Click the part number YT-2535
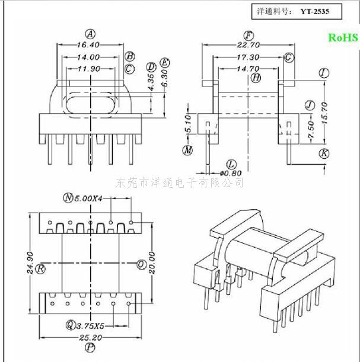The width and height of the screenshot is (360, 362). tap(315, 11)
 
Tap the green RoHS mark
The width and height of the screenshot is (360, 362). tap(343, 38)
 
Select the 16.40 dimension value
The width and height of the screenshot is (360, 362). tap(88, 45)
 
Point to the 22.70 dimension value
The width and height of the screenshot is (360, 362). tap(249, 45)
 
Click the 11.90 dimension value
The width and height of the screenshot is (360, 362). tap(89, 69)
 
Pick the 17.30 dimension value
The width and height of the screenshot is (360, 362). tap(248, 57)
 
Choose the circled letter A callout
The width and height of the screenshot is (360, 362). tap(90, 34)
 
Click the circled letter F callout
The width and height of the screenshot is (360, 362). tap(249, 36)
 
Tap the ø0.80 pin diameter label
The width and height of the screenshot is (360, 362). tap(231, 173)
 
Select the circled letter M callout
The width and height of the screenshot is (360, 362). tap(187, 150)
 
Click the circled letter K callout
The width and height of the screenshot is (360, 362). tap(324, 153)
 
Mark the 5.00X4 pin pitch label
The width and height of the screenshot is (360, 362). tap(88, 198)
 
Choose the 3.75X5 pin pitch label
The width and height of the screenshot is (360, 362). tap(90, 326)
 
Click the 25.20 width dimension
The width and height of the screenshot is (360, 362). tap(90, 338)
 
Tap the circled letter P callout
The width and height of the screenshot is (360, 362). tap(90, 347)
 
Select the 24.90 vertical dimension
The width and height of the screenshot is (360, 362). tap(30, 263)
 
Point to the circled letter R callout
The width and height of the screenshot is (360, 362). tap(41, 269)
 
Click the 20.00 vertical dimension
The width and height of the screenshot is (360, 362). tap(152, 263)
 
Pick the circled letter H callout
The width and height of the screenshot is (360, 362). tap(256, 78)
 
